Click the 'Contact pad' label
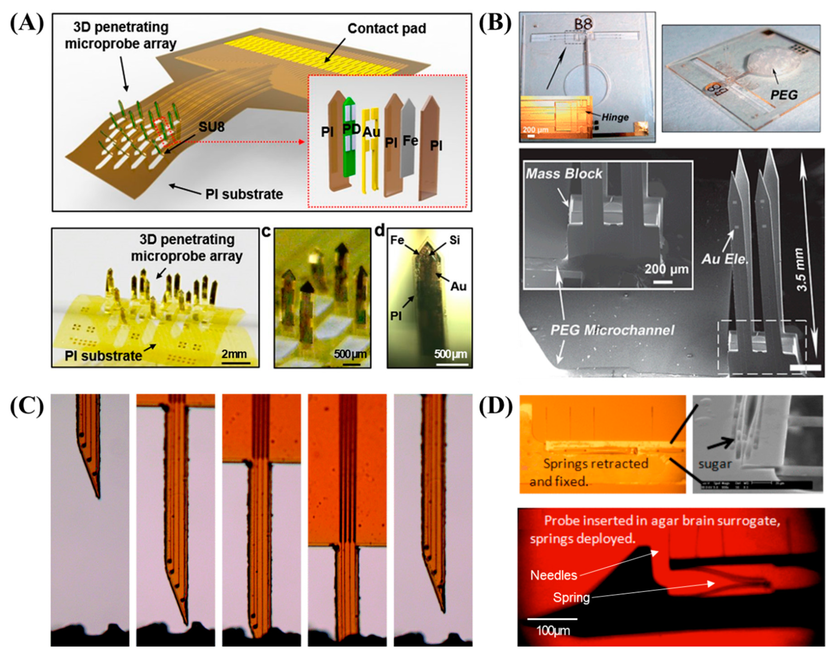387,28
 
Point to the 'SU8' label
211,127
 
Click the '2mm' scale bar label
234,354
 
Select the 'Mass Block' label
563,174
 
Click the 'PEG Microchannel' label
612,330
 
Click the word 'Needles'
554,575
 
